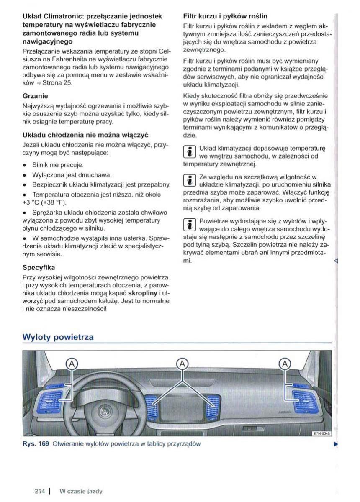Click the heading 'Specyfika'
tap(38, 267)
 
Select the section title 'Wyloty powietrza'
tap(58, 337)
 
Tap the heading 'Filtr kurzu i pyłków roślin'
tap(226, 16)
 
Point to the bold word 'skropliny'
tap(143, 293)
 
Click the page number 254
tap(40, 492)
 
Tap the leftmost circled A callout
tap(72, 363)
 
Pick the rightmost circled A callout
tap(285, 363)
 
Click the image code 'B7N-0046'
tap(322, 433)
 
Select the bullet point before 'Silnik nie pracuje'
tap(26, 165)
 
